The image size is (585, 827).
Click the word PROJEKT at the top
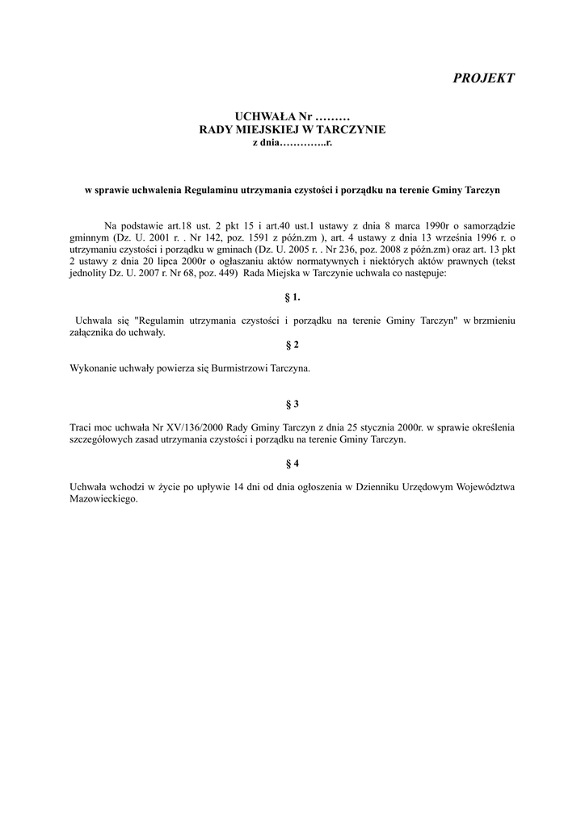click(483, 78)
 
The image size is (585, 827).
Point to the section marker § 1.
click(292, 297)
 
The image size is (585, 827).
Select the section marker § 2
click(292, 345)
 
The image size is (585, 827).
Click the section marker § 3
click(292, 403)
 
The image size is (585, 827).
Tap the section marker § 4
click(292, 464)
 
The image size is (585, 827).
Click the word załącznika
click(95, 333)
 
